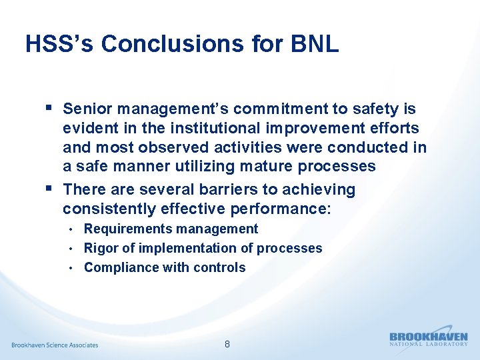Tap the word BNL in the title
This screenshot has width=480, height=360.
[315, 44]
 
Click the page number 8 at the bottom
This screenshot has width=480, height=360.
[227, 345]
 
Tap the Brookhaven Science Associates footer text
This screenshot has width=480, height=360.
[55, 345]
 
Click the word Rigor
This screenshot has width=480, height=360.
[101, 249]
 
